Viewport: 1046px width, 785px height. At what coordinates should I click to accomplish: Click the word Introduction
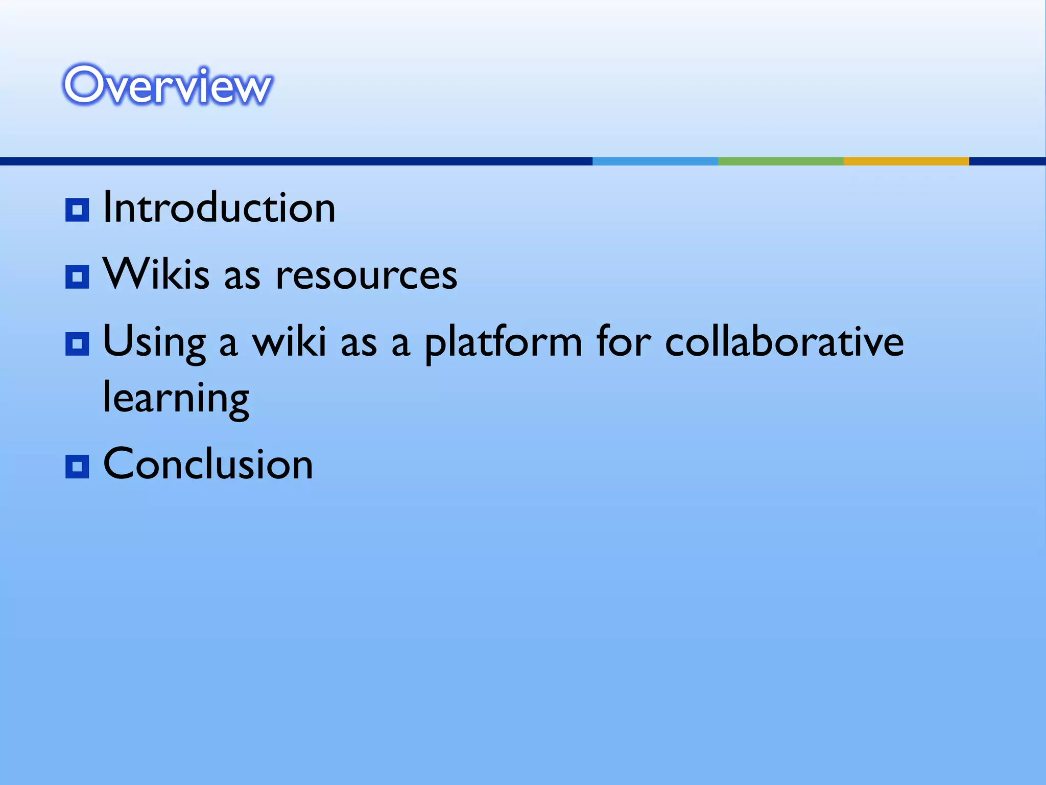[219, 208]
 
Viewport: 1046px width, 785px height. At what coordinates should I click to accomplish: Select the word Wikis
[156, 274]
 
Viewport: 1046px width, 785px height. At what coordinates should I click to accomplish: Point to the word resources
[366, 276]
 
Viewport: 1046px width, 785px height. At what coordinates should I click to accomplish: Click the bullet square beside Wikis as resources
[77, 277]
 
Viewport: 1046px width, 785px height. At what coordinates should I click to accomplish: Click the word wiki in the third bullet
[289, 342]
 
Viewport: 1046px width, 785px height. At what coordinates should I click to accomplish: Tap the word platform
[503, 343]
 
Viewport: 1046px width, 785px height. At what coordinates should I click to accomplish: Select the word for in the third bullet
[624, 341]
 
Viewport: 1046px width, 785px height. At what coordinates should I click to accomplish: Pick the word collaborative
[784, 342]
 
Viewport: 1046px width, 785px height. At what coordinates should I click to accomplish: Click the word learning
[176, 399]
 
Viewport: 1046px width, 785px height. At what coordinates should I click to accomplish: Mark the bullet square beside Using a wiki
[77, 344]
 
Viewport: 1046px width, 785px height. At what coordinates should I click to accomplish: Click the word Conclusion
[208, 464]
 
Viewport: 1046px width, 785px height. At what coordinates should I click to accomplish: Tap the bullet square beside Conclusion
[77, 466]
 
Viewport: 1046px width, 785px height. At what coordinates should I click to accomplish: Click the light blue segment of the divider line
[655, 161]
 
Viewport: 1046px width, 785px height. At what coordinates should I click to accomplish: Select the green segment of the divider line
[780, 161]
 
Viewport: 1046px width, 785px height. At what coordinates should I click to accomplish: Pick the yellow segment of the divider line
[906, 161]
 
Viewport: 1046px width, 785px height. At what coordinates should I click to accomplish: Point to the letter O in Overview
[84, 85]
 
